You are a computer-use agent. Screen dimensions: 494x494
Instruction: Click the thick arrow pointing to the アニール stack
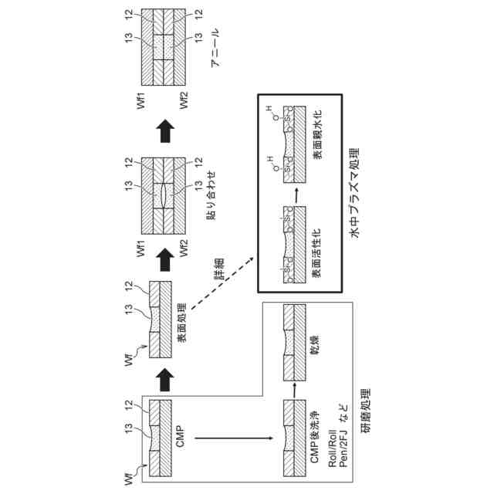pos(163,132)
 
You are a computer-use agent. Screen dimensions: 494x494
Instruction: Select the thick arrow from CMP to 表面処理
pos(163,378)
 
